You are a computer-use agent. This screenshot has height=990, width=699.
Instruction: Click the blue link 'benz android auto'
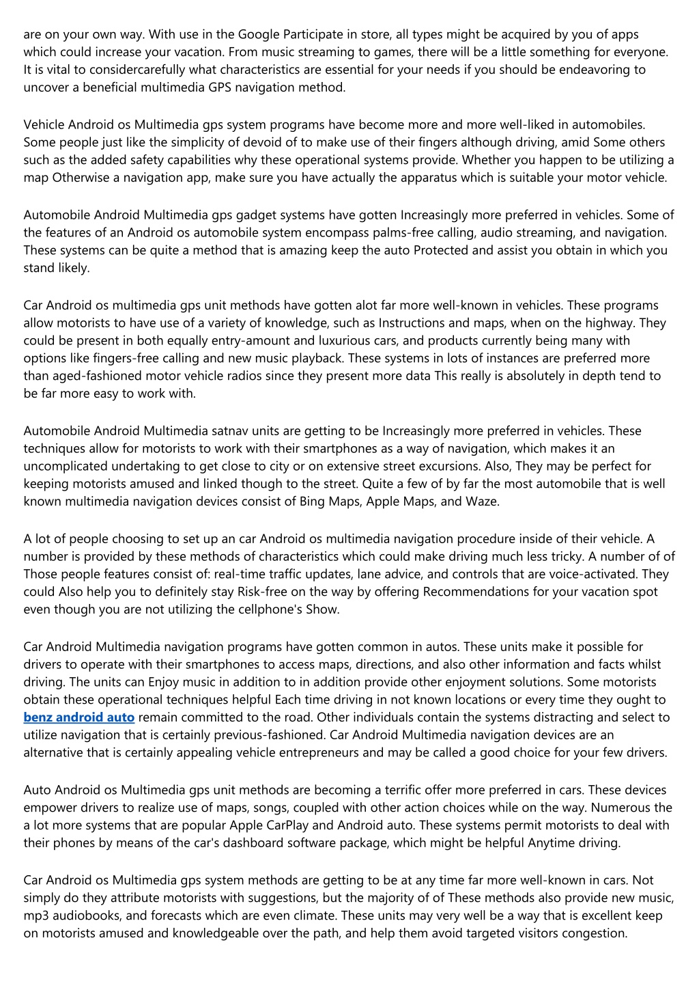79,717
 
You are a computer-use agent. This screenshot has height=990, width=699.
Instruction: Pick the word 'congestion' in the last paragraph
594,933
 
